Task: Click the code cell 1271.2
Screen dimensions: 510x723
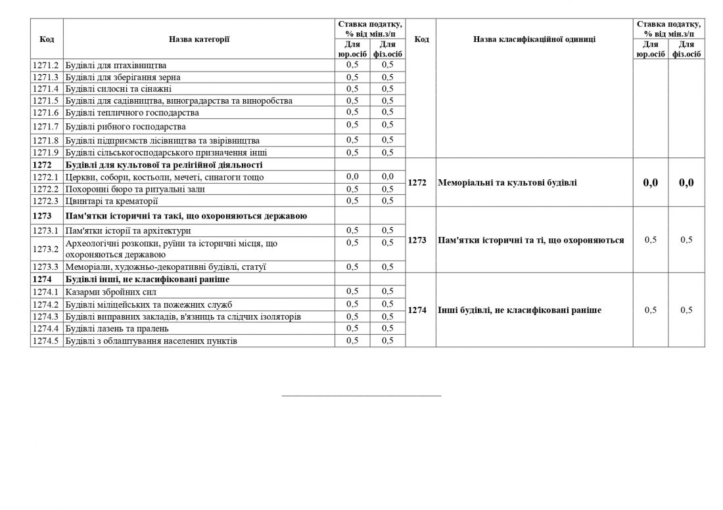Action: [46, 66]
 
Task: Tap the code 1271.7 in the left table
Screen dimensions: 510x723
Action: [46, 126]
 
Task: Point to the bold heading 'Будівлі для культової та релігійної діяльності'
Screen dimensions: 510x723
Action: [164, 165]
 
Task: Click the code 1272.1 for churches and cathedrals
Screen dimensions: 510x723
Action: [46, 177]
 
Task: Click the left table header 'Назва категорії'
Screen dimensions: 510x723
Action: [198, 39]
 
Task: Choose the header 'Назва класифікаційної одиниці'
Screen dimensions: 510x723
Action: [534, 39]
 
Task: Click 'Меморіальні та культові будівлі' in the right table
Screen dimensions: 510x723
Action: [507, 182]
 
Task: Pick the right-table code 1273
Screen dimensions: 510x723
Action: [418, 240]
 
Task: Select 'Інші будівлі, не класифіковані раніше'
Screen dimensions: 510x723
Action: [519, 310]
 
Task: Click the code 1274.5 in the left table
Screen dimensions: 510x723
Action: [46, 341]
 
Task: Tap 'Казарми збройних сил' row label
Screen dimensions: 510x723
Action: [110, 292]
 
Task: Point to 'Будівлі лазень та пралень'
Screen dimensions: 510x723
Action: [117, 328]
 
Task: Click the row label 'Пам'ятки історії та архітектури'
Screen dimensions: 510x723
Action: [128, 231]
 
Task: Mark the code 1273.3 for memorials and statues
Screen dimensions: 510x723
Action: [46, 267]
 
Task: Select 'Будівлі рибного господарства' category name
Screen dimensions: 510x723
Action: [125, 126]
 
